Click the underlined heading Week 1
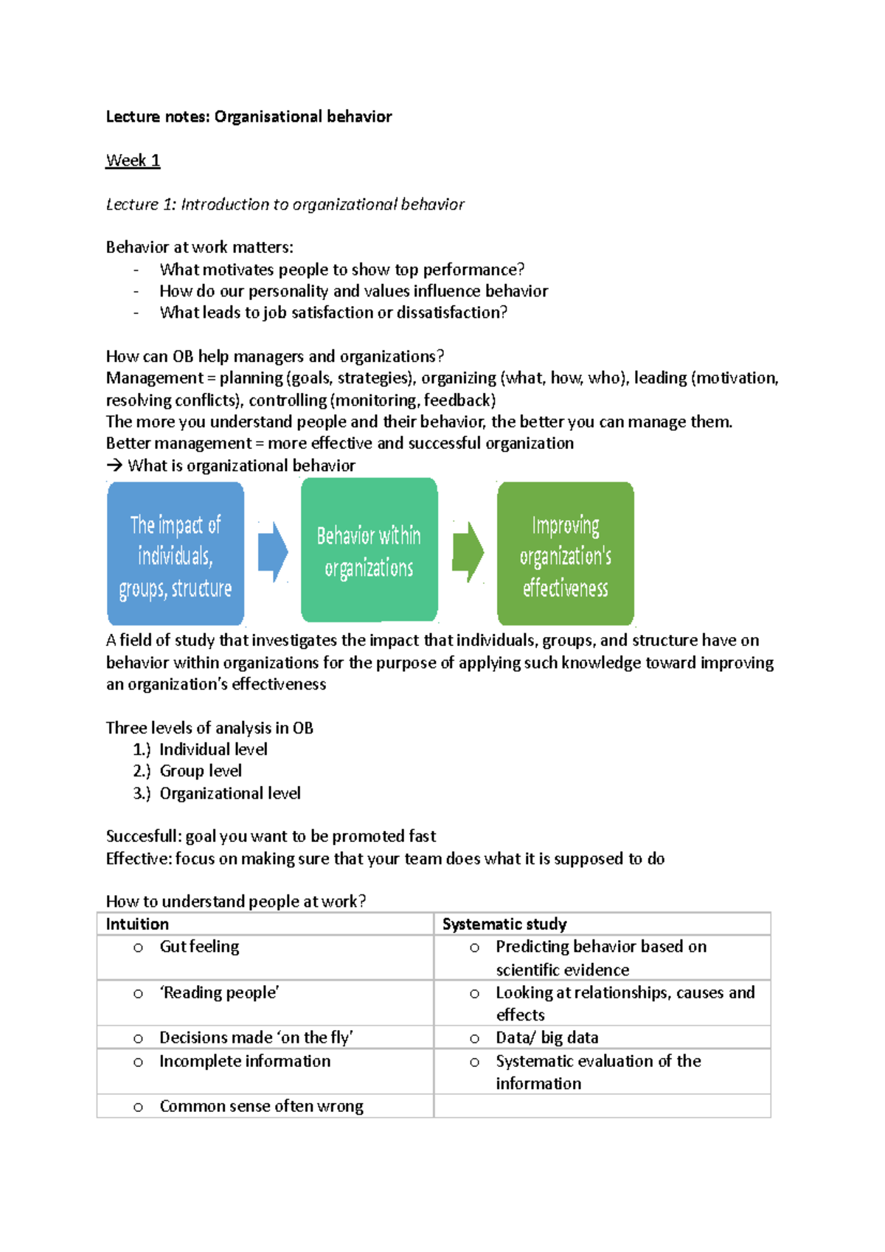coord(133,161)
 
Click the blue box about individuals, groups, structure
coord(176,554)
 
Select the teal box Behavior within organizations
coord(369,551)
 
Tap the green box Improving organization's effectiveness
coord(565,554)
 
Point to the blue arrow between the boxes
coord(272,552)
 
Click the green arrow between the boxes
coord(468,552)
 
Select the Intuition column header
coord(137,924)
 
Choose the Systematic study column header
coord(504,924)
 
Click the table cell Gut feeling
coord(199,947)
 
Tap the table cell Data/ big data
coord(546,1037)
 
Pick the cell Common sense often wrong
coord(261,1106)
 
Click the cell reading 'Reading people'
coord(219,993)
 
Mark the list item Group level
coord(201,771)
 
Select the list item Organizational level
coord(230,793)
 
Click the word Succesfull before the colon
coord(142,836)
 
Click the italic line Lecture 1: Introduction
coord(285,204)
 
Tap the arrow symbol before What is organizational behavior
coord(114,465)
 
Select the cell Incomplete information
coord(245,1061)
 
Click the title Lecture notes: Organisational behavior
coord(249,116)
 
